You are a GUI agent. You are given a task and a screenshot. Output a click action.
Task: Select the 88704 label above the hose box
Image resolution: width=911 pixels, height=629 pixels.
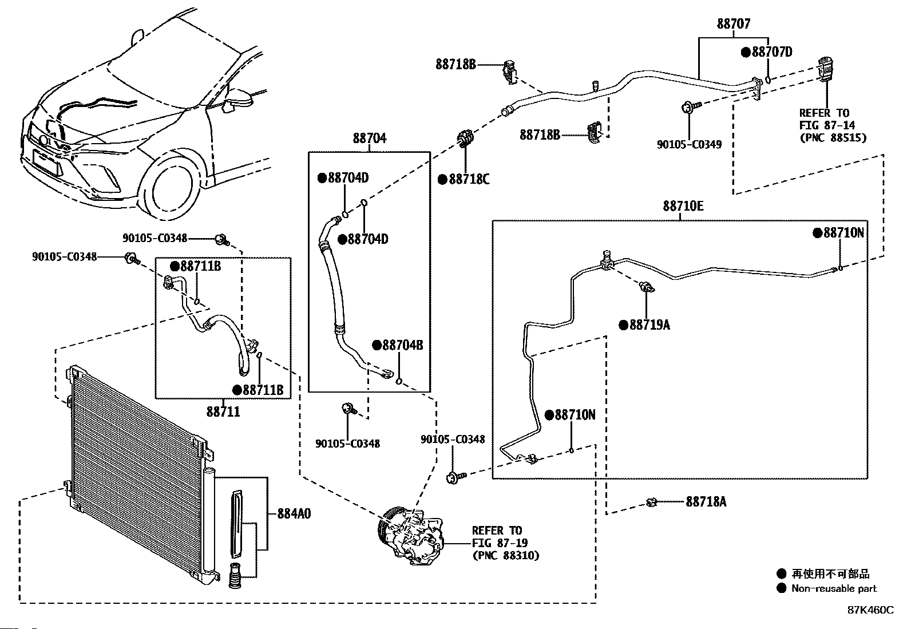pos(369,138)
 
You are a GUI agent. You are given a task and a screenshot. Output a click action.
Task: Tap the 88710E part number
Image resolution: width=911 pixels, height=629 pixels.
pos(683,206)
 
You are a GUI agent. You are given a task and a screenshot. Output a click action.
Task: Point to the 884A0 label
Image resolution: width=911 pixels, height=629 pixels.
pos(294,513)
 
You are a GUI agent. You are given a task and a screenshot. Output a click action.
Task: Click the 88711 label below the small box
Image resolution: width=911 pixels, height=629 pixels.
pos(223,411)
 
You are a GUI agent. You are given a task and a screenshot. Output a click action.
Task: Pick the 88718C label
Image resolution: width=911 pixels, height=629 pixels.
pos(469,180)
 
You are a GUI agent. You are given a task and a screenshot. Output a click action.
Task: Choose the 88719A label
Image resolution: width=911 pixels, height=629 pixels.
pos(649,325)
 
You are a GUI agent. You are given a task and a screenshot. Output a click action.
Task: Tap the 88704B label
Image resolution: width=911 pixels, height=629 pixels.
pos(402,345)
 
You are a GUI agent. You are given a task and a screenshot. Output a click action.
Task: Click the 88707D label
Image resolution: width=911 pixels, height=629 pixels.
pos(771,52)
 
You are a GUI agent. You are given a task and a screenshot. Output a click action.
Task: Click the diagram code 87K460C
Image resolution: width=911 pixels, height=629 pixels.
pos(870,610)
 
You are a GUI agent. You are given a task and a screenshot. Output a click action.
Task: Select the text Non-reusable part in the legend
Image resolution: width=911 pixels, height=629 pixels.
pos(834,588)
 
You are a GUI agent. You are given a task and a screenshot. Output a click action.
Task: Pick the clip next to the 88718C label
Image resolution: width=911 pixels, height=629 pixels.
pos(464,139)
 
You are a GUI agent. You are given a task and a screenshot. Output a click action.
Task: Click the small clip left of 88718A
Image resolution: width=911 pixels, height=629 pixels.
pos(651,503)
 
